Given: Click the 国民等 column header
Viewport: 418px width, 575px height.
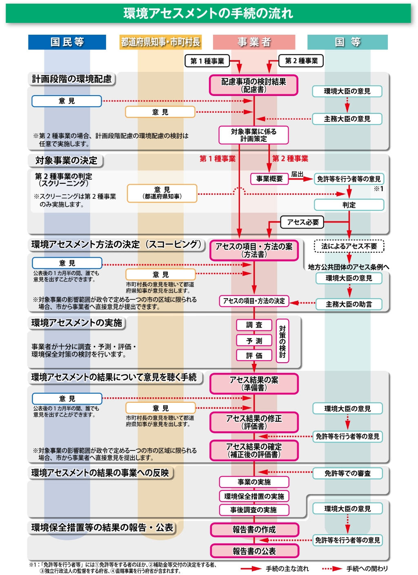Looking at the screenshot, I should coord(67,42).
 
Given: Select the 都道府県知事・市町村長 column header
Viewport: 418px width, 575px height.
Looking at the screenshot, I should coord(160,42).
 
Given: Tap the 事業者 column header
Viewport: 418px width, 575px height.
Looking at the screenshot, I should coord(254,42).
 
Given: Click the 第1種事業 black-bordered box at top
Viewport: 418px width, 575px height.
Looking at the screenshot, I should coord(207,61).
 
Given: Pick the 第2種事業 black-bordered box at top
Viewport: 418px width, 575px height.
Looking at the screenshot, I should coord(301,61).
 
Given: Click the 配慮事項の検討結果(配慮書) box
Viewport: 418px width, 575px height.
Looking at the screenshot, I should coord(253,85).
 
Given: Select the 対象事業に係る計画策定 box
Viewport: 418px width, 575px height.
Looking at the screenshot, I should coord(253,135).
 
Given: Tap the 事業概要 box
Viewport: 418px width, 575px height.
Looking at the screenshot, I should coord(269,179).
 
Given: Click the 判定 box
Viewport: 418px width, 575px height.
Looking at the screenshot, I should coord(349,205).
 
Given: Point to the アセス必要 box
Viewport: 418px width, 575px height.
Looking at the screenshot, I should coord(302,222).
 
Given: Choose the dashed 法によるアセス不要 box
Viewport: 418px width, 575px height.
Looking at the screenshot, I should coord(349,246).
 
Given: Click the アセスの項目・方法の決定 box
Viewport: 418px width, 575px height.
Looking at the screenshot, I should coord(254,301).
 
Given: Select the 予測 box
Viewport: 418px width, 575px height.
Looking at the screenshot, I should coord(254,341).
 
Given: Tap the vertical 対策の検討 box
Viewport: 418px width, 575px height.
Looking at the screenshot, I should coord(282,341).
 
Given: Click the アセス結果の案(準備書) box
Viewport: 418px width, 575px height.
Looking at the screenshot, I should coord(254,383).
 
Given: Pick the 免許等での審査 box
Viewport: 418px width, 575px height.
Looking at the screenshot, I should coord(347,473).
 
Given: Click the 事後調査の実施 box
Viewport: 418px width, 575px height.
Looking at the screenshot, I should coord(253,510).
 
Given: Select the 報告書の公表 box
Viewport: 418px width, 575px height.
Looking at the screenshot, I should coord(254,551).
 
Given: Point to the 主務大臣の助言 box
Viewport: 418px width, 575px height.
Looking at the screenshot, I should coord(349,304).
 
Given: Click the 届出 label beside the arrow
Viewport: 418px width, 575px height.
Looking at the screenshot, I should coord(297,174).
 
